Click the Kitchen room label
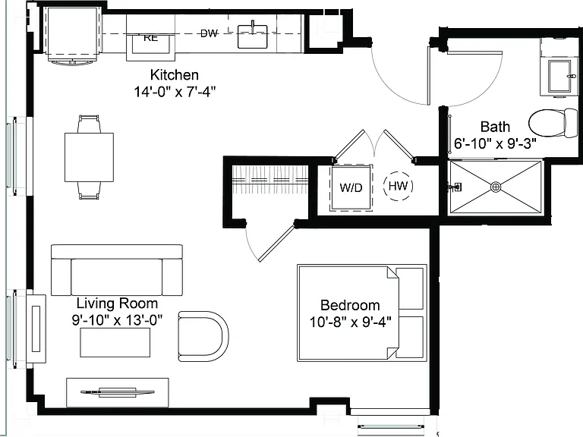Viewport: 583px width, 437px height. [x=175, y=75]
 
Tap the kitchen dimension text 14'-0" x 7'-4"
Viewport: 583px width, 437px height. [x=175, y=91]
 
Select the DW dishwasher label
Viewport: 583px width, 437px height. [x=209, y=33]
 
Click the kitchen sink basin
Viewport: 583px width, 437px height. [x=253, y=36]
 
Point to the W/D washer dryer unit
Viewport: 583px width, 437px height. [x=351, y=187]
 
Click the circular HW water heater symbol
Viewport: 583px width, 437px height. [x=399, y=186]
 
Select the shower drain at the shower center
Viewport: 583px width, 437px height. [x=496, y=187]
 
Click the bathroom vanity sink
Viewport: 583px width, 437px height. [x=559, y=76]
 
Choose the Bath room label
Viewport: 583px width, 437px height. [x=495, y=127]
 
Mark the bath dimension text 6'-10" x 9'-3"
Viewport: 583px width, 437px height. [x=495, y=143]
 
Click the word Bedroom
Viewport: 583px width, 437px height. [x=350, y=306]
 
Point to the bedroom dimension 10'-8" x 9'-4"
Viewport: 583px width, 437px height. [x=350, y=322]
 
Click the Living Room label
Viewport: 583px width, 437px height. [x=117, y=303]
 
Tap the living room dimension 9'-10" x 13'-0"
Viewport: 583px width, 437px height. [x=117, y=319]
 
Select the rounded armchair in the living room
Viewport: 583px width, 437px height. [x=203, y=336]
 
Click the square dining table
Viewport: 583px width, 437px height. [x=90, y=157]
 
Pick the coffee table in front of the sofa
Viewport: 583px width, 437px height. [x=115, y=343]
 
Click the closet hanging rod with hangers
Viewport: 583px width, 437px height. [x=270, y=180]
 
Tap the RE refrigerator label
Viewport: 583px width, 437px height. [x=150, y=37]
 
